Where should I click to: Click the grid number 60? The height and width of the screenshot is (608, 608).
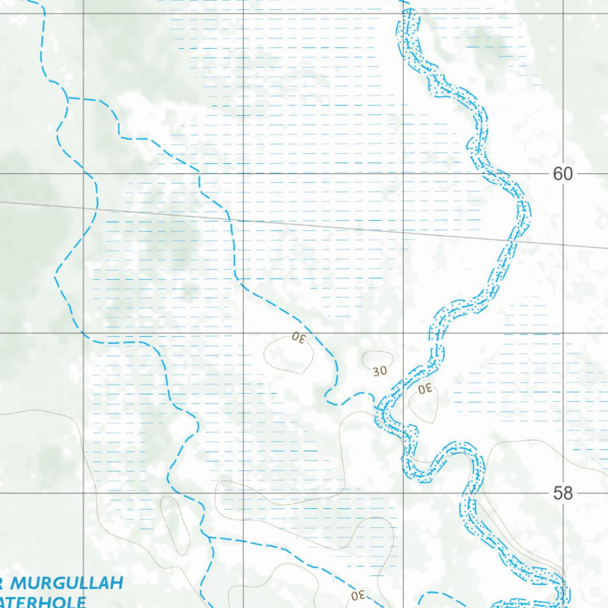[562, 174]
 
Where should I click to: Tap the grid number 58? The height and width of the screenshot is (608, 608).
[562, 493]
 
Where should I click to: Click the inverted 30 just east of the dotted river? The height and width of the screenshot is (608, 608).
[425, 389]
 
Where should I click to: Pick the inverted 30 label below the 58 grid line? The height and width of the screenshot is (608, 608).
[357, 594]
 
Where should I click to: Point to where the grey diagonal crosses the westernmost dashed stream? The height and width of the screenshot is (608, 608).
[96, 208]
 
